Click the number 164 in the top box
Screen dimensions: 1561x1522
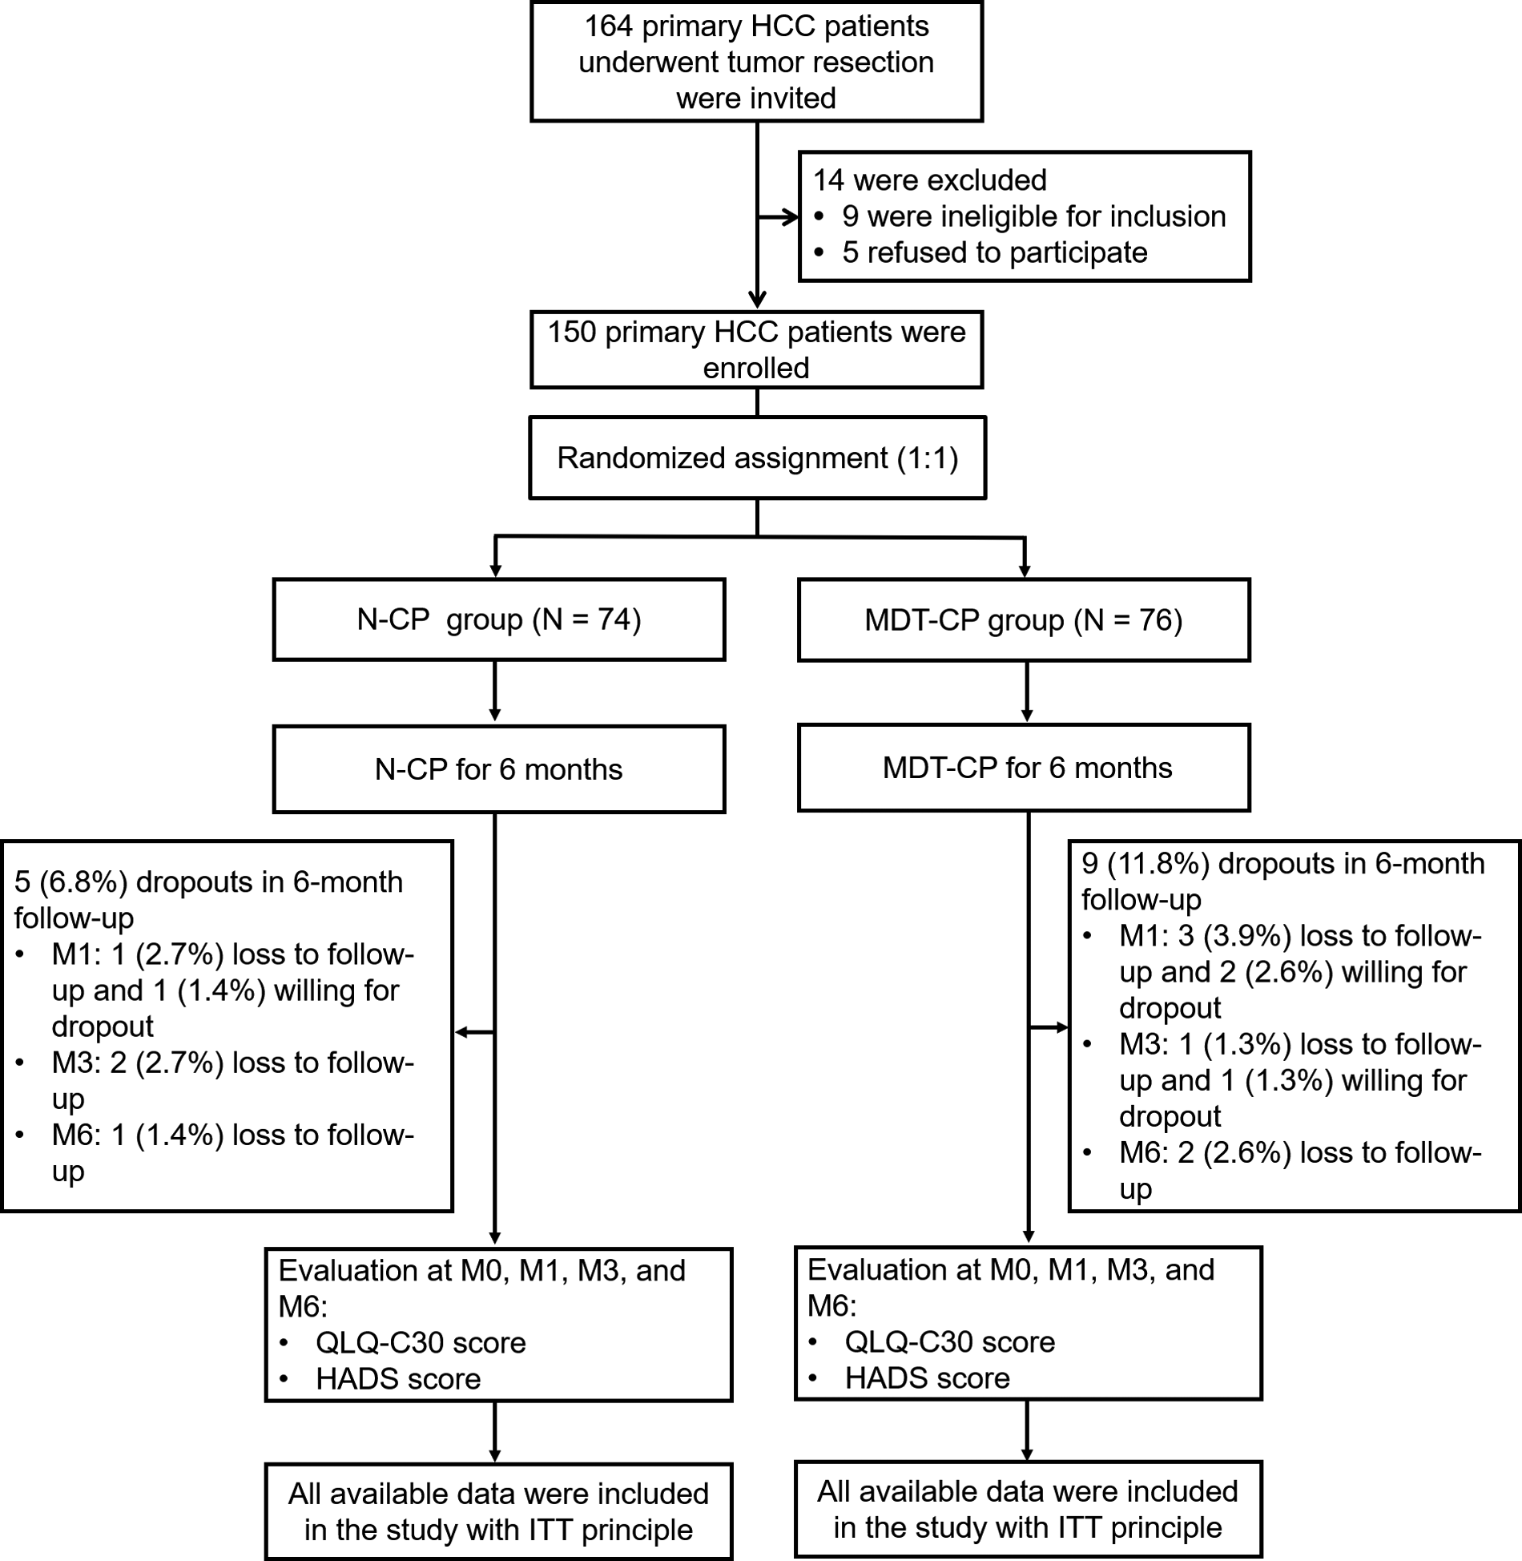pyautogui.click(x=610, y=26)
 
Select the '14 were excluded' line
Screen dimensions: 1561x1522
pyautogui.click(x=929, y=180)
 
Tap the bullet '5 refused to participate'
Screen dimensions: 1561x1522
pyautogui.click(x=994, y=252)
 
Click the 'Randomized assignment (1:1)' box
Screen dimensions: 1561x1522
pyautogui.click(x=757, y=458)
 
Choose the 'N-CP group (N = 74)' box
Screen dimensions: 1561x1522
pyautogui.click(x=498, y=619)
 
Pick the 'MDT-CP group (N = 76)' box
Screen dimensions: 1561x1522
pyautogui.click(x=1023, y=619)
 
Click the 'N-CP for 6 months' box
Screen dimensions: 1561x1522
pyautogui.click(x=498, y=769)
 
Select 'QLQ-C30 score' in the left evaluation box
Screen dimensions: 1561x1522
pyautogui.click(x=421, y=1342)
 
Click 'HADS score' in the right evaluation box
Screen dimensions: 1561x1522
pyautogui.click(x=927, y=1377)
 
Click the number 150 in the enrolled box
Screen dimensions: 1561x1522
pyautogui.click(x=572, y=332)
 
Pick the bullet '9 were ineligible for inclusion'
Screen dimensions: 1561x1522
pyautogui.click(x=1033, y=216)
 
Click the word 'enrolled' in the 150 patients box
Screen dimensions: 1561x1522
pyautogui.click(x=756, y=368)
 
